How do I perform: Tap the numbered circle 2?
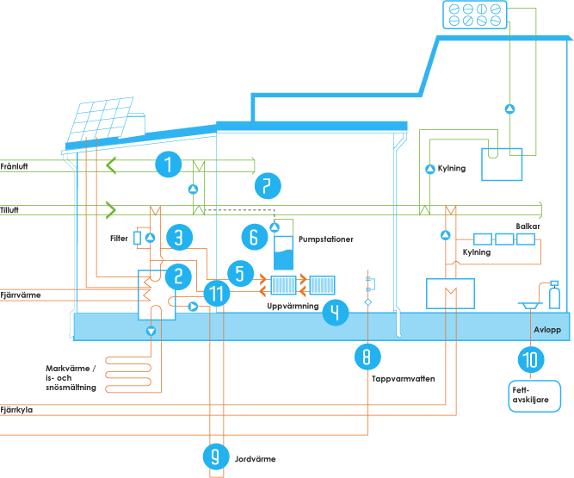click(x=177, y=276)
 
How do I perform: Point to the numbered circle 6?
click(x=253, y=236)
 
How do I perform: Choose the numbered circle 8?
click(x=367, y=354)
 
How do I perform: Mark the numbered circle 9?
click(x=216, y=457)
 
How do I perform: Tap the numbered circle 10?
click(x=529, y=356)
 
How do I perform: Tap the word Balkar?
click(x=527, y=226)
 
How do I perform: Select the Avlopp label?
click(x=547, y=330)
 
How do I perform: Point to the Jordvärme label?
click(x=255, y=460)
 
